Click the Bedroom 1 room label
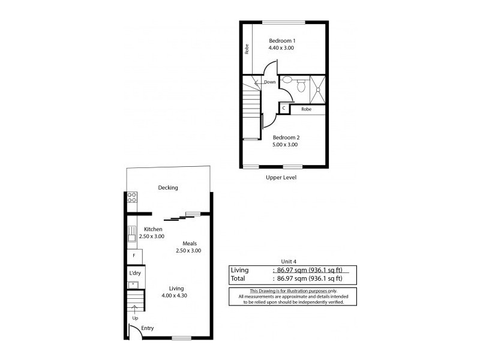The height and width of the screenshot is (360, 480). (x=281, y=41)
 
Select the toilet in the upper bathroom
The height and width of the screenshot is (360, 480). (x=301, y=88)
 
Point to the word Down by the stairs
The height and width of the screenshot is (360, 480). (x=270, y=82)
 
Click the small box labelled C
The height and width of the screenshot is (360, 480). (x=284, y=109)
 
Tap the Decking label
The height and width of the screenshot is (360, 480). (x=168, y=188)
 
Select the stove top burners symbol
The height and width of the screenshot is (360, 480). (x=131, y=197)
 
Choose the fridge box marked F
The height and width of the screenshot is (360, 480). (x=134, y=256)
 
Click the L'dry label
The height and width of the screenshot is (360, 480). (x=134, y=273)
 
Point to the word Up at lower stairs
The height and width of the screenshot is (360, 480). (x=134, y=318)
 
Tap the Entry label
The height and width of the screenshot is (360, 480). (x=147, y=329)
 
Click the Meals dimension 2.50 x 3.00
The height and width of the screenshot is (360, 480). (x=188, y=251)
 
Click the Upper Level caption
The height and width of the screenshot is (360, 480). (x=281, y=178)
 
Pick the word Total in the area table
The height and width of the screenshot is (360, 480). (x=238, y=278)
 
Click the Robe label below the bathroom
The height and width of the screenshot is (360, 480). (x=306, y=109)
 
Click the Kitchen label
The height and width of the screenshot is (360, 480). (x=154, y=229)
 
